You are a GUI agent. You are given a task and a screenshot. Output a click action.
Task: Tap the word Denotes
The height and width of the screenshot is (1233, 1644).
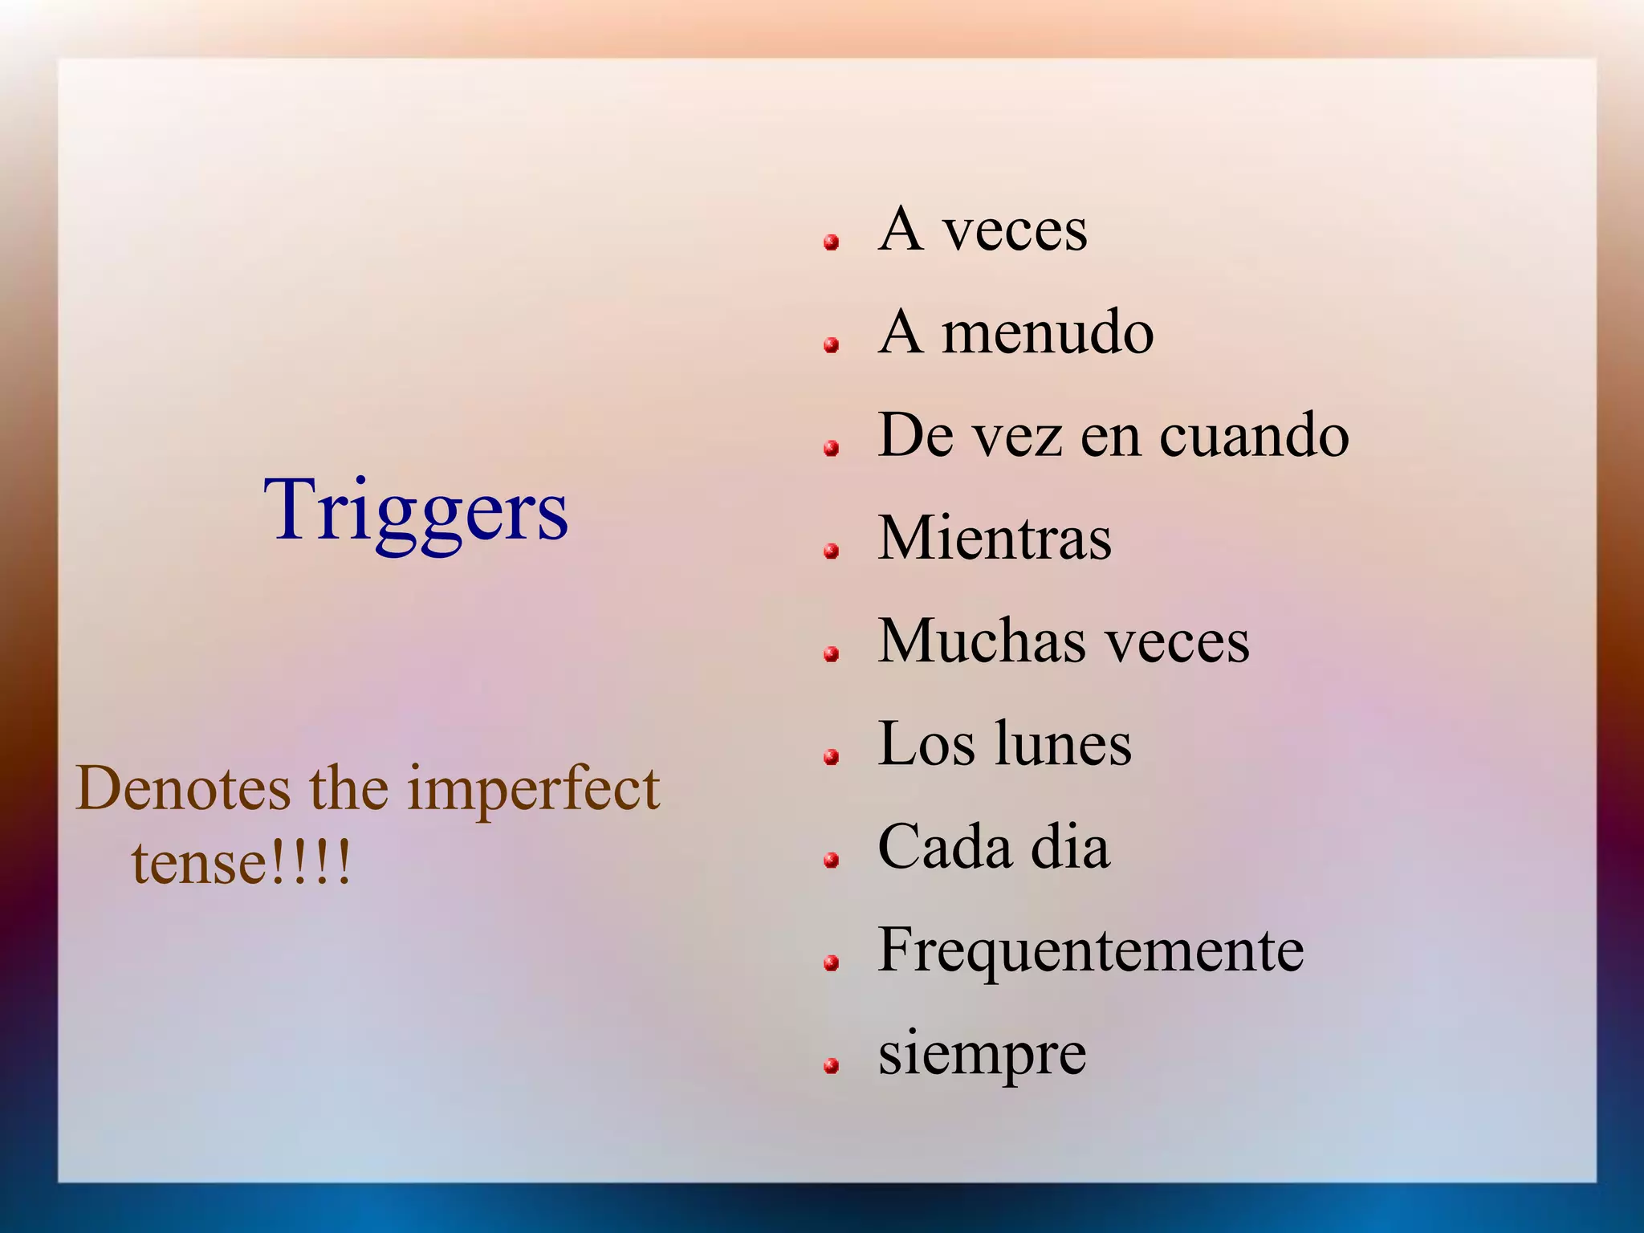pos(183,789)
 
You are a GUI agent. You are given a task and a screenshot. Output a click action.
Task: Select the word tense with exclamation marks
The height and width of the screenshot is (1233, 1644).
pos(241,863)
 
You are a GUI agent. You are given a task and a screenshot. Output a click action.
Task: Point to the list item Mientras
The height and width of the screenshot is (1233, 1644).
pos(995,537)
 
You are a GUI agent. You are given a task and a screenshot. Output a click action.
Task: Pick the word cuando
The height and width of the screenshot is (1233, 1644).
pos(1254,435)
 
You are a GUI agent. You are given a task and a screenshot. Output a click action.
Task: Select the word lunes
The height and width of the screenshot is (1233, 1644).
pos(1063,743)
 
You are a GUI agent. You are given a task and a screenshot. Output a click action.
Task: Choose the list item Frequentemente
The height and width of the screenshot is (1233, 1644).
pos(1091,950)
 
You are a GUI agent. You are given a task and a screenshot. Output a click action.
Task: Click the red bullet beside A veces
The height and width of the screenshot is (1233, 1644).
pos(832,242)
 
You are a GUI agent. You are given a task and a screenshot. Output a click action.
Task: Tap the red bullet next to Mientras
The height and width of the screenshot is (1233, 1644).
pos(832,551)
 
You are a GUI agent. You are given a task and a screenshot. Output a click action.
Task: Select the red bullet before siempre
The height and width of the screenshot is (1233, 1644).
pos(832,1066)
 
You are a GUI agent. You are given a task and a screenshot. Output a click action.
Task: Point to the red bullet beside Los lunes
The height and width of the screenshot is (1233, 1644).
pos(832,756)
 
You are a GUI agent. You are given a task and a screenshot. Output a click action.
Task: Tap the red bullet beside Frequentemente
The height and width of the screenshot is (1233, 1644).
pos(832,962)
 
